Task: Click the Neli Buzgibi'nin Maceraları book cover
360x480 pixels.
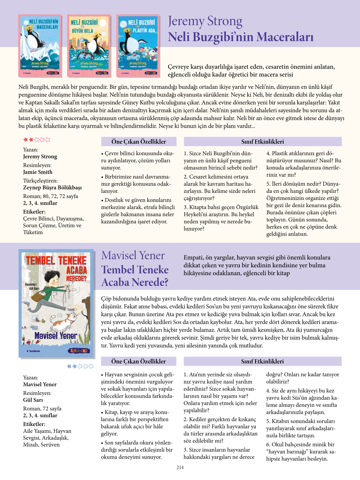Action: pyautogui.click(x=40, y=46)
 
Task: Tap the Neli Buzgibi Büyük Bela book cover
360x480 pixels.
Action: pyautogui.click(x=89, y=46)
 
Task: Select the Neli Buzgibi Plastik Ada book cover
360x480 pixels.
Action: pyautogui.click(x=138, y=46)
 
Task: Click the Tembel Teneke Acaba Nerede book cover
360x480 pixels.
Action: pyautogui.click(x=56, y=303)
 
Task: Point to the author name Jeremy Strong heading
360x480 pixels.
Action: pyautogui.click(x=205, y=21)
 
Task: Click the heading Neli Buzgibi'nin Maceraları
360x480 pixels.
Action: pyautogui.click(x=240, y=37)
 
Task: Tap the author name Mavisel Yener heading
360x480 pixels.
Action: pyautogui.click(x=133, y=255)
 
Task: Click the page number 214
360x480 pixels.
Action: pyautogui.click(x=180, y=467)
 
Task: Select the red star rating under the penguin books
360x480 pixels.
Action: pyautogui.click(x=36, y=140)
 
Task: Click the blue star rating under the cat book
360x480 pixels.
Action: pyautogui.click(x=80, y=366)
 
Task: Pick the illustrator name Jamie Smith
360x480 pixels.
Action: pyautogui.click(x=38, y=172)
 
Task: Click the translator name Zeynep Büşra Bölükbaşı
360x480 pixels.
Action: pyautogui.click(x=52, y=187)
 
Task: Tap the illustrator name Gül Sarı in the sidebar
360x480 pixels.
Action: pyautogui.click(x=33, y=400)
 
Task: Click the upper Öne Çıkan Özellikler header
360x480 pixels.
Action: pyautogui.click(x=139, y=142)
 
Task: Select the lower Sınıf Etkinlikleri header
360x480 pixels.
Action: pyautogui.click(x=262, y=361)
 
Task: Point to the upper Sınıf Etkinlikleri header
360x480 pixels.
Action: pyautogui.click(x=263, y=142)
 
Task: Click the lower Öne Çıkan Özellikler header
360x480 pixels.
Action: pyautogui.click(x=138, y=361)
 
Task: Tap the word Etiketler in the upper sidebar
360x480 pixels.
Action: pyautogui.click(x=34, y=212)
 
